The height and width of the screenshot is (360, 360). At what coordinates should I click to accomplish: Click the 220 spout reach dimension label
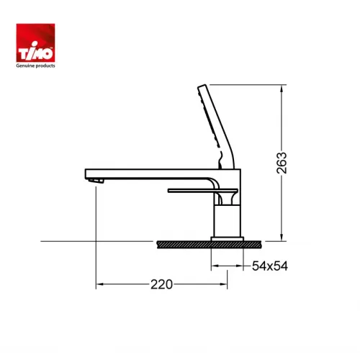click(162, 284)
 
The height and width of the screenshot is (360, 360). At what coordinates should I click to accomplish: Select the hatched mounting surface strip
click(205, 245)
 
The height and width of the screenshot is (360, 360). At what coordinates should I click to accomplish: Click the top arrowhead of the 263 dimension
click(279, 89)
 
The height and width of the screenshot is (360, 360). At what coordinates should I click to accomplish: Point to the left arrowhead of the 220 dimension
click(99, 284)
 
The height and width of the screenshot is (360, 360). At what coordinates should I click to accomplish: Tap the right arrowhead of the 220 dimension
click(225, 284)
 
